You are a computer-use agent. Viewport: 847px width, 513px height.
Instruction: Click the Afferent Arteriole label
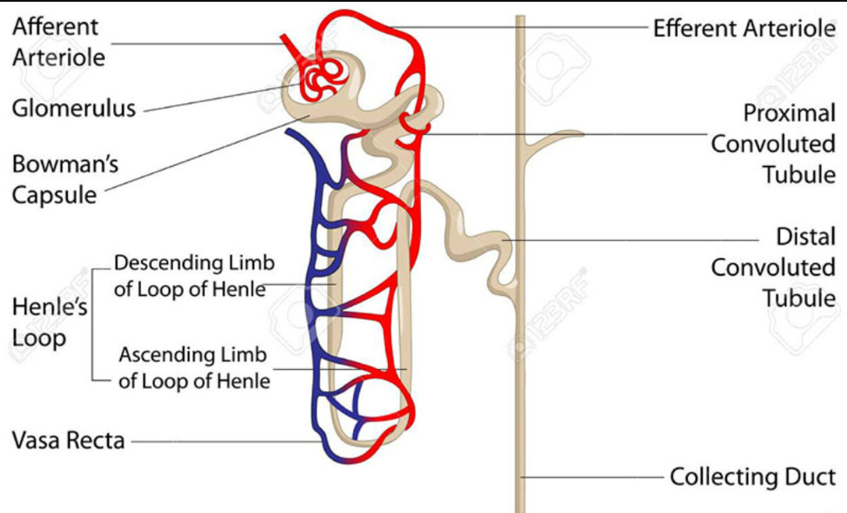(58, 41)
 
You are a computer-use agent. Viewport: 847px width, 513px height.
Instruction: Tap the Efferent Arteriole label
(744, 28)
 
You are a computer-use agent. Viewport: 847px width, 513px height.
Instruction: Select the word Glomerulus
(74, 109)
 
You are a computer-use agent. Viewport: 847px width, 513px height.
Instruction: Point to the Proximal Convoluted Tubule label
(774, 143)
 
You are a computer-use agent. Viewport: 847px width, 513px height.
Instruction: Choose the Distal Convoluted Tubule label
(774, 267)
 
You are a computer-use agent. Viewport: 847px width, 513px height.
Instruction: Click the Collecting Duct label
(752, 477)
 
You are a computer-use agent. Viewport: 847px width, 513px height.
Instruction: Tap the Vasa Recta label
(68, 440)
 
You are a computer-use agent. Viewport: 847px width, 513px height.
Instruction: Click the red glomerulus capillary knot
(318, 78)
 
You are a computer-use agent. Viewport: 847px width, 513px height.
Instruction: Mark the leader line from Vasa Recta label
(221, 440)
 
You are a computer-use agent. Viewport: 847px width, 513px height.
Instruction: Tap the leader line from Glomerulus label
(212, 98)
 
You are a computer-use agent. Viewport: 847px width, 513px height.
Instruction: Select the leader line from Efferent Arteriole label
(529, 27)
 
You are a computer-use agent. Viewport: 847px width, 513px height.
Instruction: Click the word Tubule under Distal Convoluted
(799, 298)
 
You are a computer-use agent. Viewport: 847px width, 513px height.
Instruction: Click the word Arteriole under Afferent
(58, 57)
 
